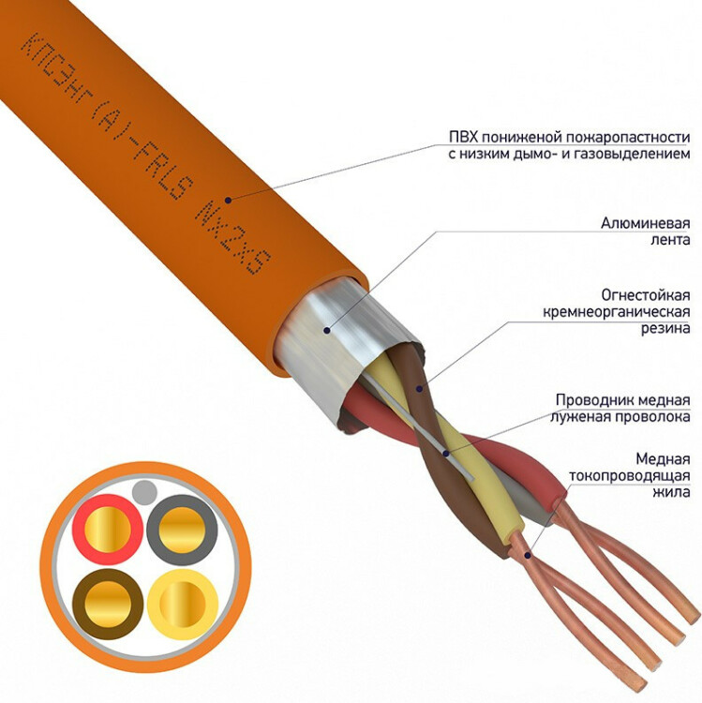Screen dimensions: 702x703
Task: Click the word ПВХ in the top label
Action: (460, 137)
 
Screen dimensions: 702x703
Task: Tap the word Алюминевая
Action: (646, 223)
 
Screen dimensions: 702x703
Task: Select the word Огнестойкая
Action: (646, 295)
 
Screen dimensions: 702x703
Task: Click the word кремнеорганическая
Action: (617, 312)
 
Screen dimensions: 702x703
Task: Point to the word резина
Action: (665, 329)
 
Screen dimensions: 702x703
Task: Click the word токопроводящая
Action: (630, 475)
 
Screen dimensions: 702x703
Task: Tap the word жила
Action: (671, 492)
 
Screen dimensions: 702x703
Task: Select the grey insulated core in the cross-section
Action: (182, 530)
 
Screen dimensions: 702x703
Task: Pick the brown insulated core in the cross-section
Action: (108, 604)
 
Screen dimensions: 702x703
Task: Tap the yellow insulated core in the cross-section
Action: (183, 605)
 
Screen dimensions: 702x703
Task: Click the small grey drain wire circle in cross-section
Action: (145, 491)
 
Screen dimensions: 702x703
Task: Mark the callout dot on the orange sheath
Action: (228, 200)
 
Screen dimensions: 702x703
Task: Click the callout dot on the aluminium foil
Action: (327, 331)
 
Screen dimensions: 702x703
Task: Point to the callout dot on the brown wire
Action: (419, 388)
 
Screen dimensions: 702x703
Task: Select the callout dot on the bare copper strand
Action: (528, 556)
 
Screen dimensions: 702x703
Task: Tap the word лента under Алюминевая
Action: (671, 240)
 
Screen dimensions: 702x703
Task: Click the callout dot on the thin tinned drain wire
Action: (446, 454)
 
